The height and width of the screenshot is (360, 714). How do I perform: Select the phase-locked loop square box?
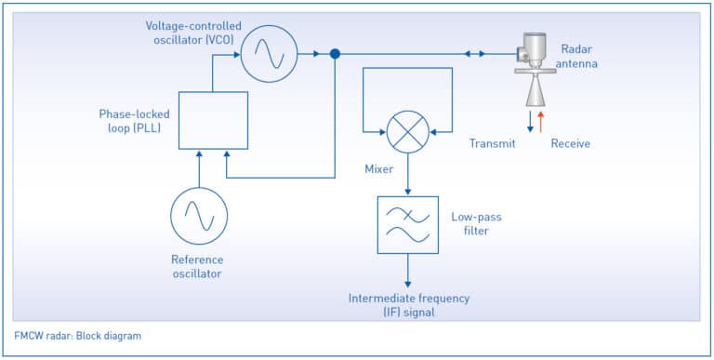(213, 120)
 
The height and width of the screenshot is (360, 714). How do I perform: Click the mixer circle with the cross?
(407, 131)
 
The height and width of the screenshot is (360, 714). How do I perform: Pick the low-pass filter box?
(407, 224)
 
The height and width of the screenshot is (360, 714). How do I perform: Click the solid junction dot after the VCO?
(335, 54)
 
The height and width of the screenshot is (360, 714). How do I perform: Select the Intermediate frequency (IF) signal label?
(409, 305)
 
